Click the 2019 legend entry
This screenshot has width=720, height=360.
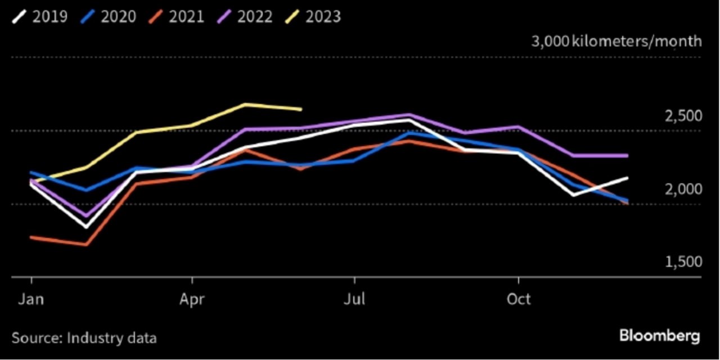[x=40, y=16]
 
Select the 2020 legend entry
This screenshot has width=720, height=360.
[x=109, y=16]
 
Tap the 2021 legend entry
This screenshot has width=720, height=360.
[x=176, y=16]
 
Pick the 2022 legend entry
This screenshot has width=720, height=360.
[x=245, y=16]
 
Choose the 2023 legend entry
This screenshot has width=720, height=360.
[x=313, y=16]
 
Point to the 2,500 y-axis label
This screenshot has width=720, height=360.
[x=683, y=116]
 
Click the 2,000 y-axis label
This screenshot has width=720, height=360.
[x=683, y=190]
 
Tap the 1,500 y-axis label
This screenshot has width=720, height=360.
[x=683, y=262]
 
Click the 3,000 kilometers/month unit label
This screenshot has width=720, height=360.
[x=616, y=42]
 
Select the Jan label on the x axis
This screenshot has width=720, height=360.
[x=31, y=299]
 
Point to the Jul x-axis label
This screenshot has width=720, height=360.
[x=354, y=299]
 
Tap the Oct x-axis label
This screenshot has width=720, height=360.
[x=519, y=299]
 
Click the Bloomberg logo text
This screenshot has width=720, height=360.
[x=660, y=336]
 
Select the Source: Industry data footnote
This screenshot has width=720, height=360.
[x=84, y=338]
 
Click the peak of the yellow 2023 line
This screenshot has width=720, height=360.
[x=245, y=104]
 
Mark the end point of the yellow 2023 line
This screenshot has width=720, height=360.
[x=301, y=110]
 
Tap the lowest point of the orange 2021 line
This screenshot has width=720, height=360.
[x=86, y=245]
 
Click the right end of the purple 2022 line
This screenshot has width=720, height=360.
[x=627, y=156]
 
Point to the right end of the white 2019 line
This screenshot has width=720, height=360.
[x=627, y=178]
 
